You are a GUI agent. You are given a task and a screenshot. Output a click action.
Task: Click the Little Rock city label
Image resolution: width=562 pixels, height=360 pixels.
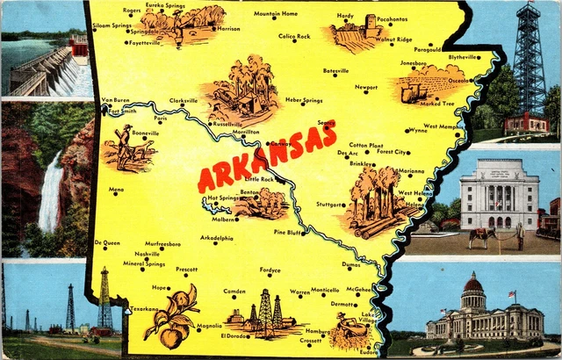pos(259,179)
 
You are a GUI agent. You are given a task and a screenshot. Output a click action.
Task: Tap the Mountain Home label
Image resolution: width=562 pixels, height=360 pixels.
pos(276,14)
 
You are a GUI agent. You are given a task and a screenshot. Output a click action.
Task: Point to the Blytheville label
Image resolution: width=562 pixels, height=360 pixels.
pos(464,57)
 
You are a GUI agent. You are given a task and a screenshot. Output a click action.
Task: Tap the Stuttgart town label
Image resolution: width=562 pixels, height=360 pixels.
pos(329,204)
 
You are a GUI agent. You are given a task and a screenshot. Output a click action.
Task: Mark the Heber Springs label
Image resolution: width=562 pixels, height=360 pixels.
pos(304,101)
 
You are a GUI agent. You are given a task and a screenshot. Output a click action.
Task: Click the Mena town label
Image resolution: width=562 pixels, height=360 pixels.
pos(116,189)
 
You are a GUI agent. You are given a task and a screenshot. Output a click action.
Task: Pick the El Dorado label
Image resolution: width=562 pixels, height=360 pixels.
pos(234,335)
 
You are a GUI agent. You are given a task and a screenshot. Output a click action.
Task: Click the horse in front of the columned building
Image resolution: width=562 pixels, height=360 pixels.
pos(480,235)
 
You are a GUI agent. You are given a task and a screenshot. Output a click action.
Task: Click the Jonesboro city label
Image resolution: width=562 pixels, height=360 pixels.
pos(413,64)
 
